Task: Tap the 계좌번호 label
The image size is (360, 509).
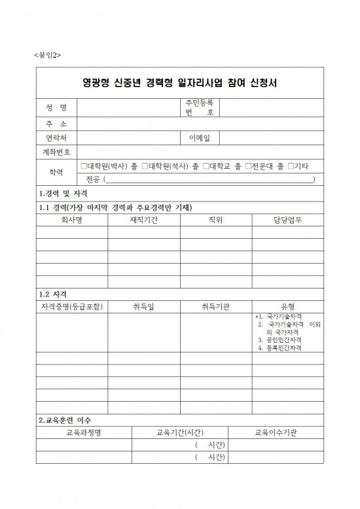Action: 56,152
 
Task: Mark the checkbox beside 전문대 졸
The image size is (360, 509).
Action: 248,167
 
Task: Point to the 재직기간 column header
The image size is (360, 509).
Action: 143,220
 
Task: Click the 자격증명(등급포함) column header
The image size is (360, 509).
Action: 71,306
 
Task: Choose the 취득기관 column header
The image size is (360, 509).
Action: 215,306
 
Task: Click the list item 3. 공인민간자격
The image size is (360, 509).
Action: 279,340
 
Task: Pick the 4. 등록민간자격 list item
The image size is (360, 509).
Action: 279,348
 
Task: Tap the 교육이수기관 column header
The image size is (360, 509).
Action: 276,432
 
